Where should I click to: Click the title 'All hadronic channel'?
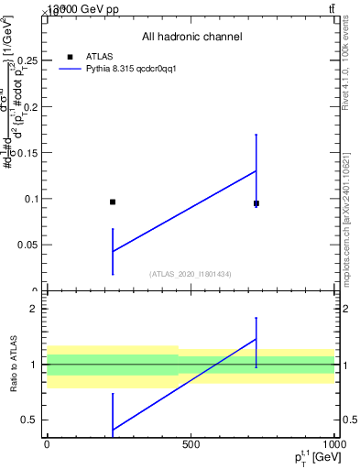click(x=191, y=37)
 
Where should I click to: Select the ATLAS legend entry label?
click(x=100, y=56)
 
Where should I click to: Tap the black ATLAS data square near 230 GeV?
click(x=113, y=202)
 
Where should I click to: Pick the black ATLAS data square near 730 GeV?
click(x=256, y=203)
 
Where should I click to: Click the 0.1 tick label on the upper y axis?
click(x=33, y=199)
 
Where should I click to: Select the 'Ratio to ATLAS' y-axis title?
click(x=14, y=365)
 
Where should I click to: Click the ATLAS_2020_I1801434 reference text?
click(x=191, y=274)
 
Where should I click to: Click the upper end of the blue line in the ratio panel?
click(x=256, y=339)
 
